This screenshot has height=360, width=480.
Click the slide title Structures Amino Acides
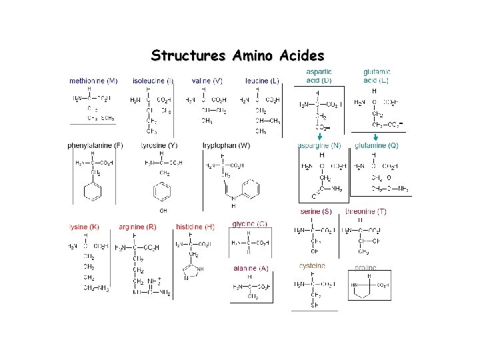click(x=238, y=55)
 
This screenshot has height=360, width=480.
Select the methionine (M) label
click(x=93, y=81)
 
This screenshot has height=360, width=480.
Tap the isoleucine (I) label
click(x=153, y=81)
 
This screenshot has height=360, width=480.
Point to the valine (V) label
click(x=207, y=81)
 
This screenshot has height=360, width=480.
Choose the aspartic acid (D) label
click(x=319, y=76)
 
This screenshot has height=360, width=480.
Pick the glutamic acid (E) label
click(x=377, y=76)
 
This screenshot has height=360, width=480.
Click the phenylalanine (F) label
click(x=95, y=145)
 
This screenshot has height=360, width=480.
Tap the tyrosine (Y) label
click(x=159, y=145)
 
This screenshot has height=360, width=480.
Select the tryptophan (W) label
click(x=227, y=145)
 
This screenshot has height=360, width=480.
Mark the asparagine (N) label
click(x=319, y=145)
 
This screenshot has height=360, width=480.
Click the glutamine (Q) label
click(x=377, y=145)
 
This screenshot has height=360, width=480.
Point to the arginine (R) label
click(x=137, y=227)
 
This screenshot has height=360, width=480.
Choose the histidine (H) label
click(x=195, y=227)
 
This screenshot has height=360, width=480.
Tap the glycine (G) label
click(x=250, y=223)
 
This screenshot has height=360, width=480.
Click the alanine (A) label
click(x=251, y=268)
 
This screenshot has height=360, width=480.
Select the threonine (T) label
click(x=365, y=211)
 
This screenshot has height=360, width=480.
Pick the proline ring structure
click(x=365, y=287)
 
